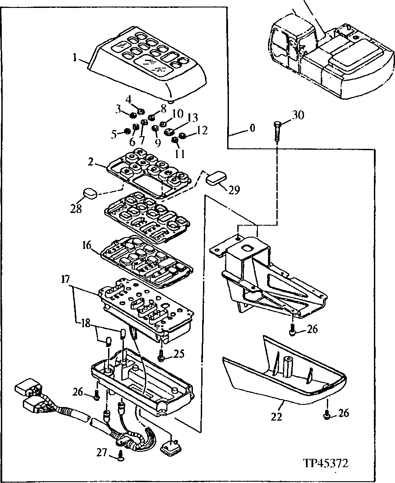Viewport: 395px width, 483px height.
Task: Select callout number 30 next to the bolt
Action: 297,115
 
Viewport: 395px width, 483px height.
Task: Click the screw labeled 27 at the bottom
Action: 120,457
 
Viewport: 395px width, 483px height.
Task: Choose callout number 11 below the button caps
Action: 180,153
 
